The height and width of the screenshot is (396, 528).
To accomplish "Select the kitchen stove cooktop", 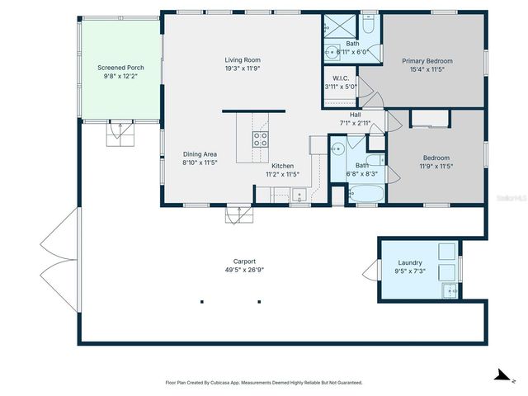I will [x=260, y=139].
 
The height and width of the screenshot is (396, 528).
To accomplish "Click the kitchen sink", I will [x=298, y=195].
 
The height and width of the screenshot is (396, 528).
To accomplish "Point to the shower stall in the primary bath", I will [x=337, y=26].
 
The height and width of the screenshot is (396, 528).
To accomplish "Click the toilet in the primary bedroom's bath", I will [x=368, y=26].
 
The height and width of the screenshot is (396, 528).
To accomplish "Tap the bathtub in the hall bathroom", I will [x=366, y=195].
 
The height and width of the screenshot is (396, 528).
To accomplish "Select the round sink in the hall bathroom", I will [x=337, y=149].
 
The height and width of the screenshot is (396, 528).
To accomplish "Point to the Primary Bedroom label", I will [x=427, y=61].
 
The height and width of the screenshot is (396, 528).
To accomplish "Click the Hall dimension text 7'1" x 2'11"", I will [x=356, y=123].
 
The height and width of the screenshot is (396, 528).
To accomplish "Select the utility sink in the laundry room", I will [x=450, y=290].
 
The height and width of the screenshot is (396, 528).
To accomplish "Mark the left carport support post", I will [x=201, y=301].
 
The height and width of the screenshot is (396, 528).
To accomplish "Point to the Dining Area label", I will [x=200, y=153].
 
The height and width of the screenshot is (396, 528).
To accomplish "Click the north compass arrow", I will [x=501, y=375].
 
